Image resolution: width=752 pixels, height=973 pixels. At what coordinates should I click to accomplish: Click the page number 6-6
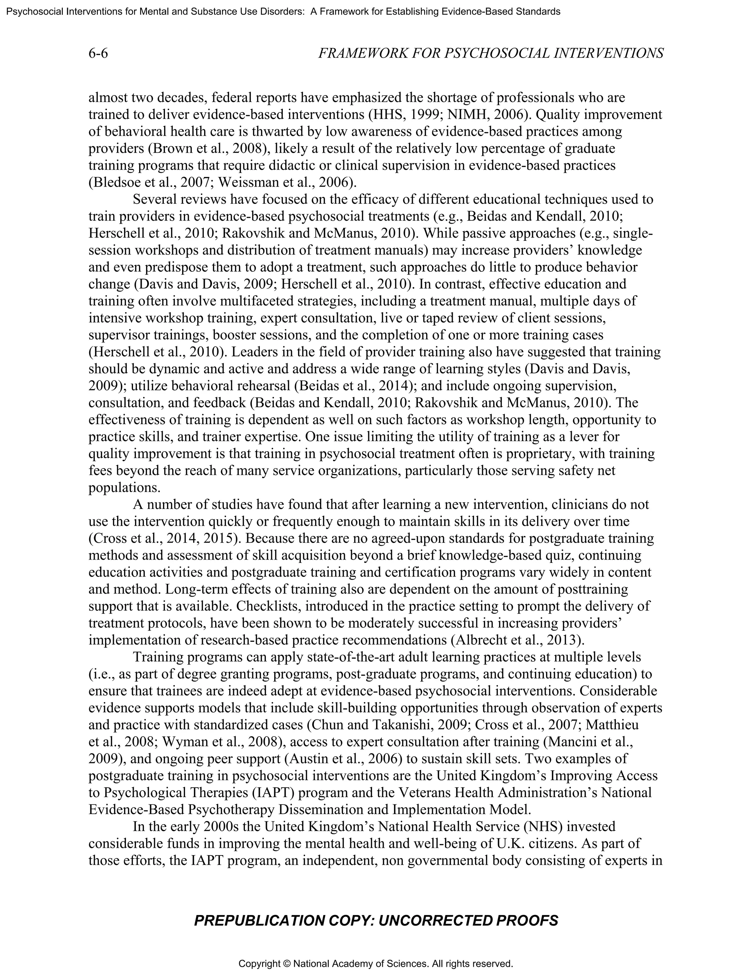coord(98,54)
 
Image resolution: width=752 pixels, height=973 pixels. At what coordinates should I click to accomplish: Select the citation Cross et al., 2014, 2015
coord(162,538)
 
